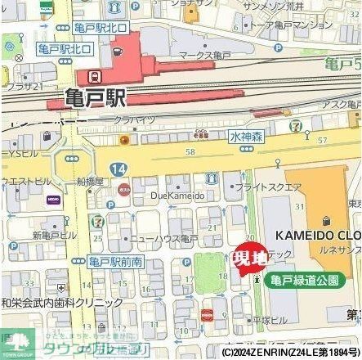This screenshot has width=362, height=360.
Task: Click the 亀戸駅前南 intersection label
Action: [115, 260]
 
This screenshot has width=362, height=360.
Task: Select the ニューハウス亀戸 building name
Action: [168, 237]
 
